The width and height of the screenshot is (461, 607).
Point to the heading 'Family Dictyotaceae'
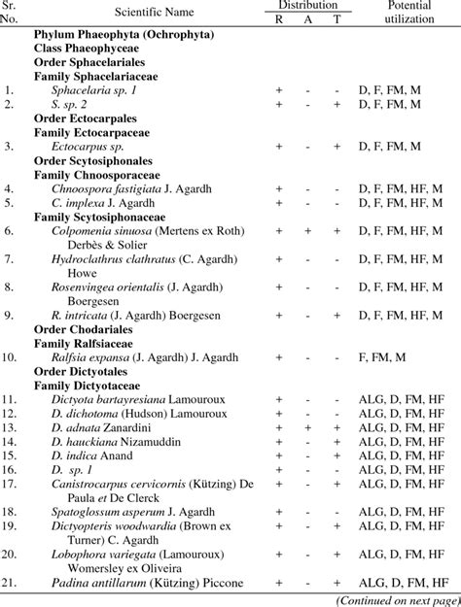click(x=89, y=386)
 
